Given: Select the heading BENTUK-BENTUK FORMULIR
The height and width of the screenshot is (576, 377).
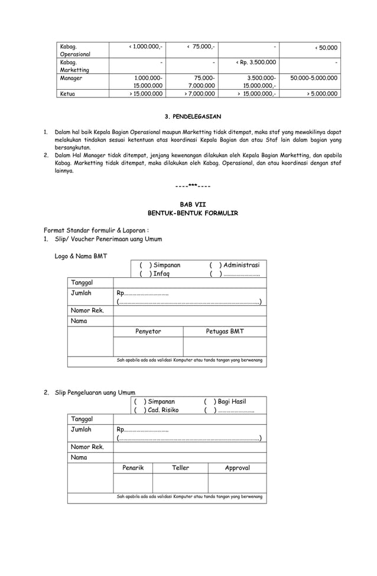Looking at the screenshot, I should (x=192, y=212).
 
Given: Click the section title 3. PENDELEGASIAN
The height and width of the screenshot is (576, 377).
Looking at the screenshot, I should (x=193, y=117).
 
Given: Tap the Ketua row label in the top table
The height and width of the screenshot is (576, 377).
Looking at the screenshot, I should (x=67, y=93).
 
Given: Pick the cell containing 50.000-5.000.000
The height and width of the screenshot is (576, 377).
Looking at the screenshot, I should (x=313, y=77).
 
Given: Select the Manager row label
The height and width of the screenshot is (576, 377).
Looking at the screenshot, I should (x=71, y=77).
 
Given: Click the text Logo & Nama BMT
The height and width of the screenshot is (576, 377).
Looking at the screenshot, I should (x=81, y=256).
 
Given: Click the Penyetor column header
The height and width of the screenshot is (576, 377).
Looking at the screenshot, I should (x=148, y=332).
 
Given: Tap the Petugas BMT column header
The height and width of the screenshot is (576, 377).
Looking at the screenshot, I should (x=225, y=332).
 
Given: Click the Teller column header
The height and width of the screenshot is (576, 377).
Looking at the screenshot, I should (x=180, y=468).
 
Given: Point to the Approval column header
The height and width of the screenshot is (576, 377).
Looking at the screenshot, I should (x=237, y=468).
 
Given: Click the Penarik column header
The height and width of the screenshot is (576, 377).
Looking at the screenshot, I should (x=133, y=468).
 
